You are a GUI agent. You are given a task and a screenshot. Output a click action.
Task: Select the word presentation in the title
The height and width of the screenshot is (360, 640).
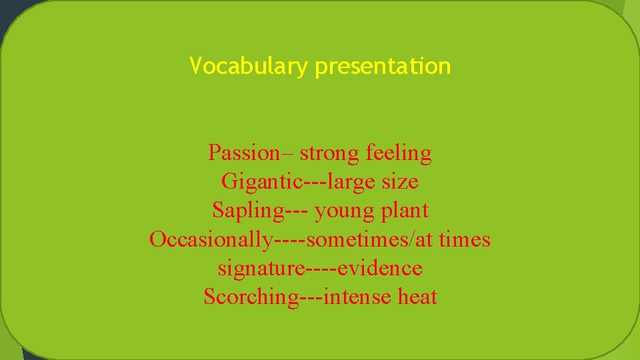[x=383, y=67]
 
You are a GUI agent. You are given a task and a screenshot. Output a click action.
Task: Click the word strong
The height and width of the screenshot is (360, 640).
[x=330, y=153]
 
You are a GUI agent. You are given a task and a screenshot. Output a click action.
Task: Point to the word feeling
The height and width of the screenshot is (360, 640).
[x=399, y=153]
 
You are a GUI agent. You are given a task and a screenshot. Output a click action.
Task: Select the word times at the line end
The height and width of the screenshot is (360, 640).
[x=466, y=239]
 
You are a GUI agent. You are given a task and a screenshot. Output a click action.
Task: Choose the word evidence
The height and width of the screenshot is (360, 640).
[x=380, y=268]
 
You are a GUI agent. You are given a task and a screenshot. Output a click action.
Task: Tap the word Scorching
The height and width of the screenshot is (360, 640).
[x=251, y=297]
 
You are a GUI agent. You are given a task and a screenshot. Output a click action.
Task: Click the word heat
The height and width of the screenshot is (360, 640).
[x=417, y=297]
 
